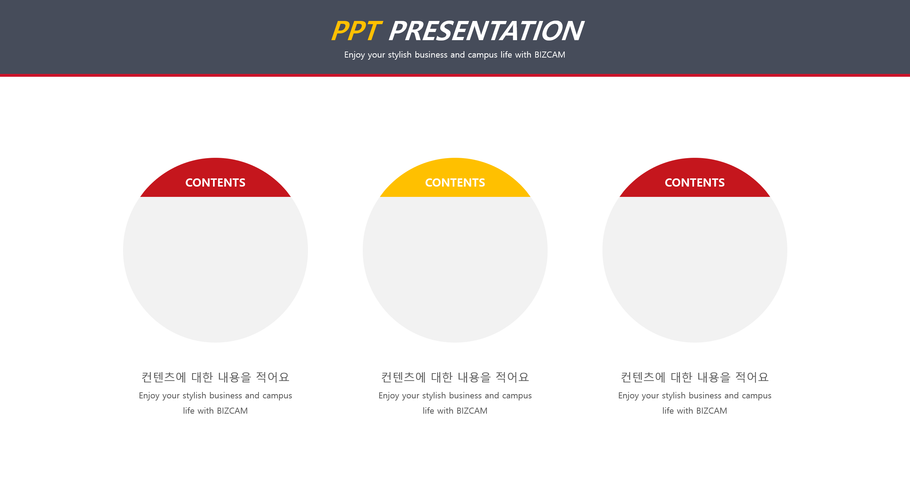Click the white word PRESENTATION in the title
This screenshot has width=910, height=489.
pos(486,31)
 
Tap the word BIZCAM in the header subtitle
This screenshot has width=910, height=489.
pos(550,55)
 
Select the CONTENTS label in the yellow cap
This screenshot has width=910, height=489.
pos(455,183)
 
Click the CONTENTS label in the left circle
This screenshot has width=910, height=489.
pos(215,183)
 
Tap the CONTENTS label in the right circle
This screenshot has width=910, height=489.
pos(695,183)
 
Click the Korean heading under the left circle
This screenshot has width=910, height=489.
pos(215,377)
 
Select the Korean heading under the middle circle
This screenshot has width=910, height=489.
pos(455,377)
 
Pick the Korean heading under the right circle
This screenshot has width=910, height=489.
pos(695,377)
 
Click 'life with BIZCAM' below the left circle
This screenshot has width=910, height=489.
pos(215,411)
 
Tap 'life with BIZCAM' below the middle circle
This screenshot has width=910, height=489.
pos(455,411)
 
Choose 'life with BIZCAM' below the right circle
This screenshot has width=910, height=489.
pos(695,411)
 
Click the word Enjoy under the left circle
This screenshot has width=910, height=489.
pos(149,396)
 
